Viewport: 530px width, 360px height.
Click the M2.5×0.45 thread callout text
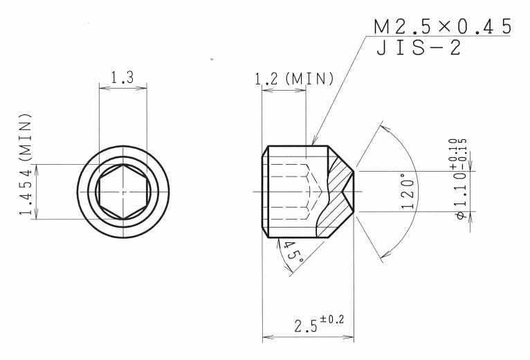[442, 27]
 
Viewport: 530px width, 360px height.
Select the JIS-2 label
[419, 48]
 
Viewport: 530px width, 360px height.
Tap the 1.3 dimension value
[122, 78]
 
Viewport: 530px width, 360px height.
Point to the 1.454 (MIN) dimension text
[26, 165]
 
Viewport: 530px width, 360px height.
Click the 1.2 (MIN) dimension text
[294, 79]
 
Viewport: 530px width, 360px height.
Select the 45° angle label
[292, 252]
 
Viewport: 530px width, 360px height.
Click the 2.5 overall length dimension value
[306, 326]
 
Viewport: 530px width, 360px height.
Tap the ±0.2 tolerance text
[332, 319]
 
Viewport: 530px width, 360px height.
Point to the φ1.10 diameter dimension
[462, 195]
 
